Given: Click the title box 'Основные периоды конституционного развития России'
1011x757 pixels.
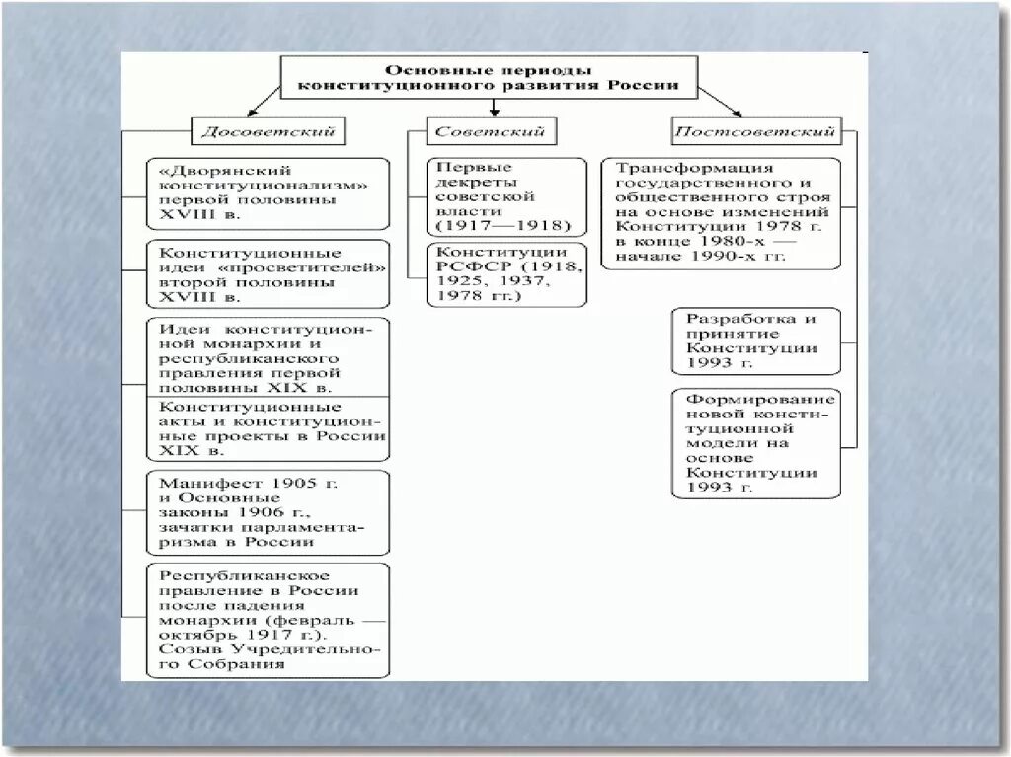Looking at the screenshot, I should (489, 77).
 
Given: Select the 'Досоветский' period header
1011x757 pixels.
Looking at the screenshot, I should (268, 130).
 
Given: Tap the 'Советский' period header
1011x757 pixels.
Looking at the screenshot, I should (492, 130).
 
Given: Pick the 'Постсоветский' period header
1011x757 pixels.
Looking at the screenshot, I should (755, 130).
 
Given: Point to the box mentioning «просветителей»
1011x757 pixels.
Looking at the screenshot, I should (267, 273).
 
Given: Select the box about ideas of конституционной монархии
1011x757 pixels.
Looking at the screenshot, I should (267, 356).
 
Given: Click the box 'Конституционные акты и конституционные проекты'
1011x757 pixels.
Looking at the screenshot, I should (267, 428).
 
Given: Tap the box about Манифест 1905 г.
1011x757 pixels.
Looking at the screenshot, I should (267, 512).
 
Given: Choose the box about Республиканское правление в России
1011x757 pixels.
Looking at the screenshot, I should (267, 620).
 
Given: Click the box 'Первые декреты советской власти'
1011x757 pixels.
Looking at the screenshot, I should (505, 196).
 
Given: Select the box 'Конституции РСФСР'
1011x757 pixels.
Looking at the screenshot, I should (505, 273).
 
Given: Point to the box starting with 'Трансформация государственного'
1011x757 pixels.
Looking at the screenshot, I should (721, 213).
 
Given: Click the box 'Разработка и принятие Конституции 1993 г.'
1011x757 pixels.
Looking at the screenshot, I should (755, 341).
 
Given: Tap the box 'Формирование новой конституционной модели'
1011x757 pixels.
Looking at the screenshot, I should (755, 443).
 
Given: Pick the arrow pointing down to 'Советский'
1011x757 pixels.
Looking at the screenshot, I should (491, 109).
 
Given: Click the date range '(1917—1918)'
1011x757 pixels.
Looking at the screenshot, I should (505, 226).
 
